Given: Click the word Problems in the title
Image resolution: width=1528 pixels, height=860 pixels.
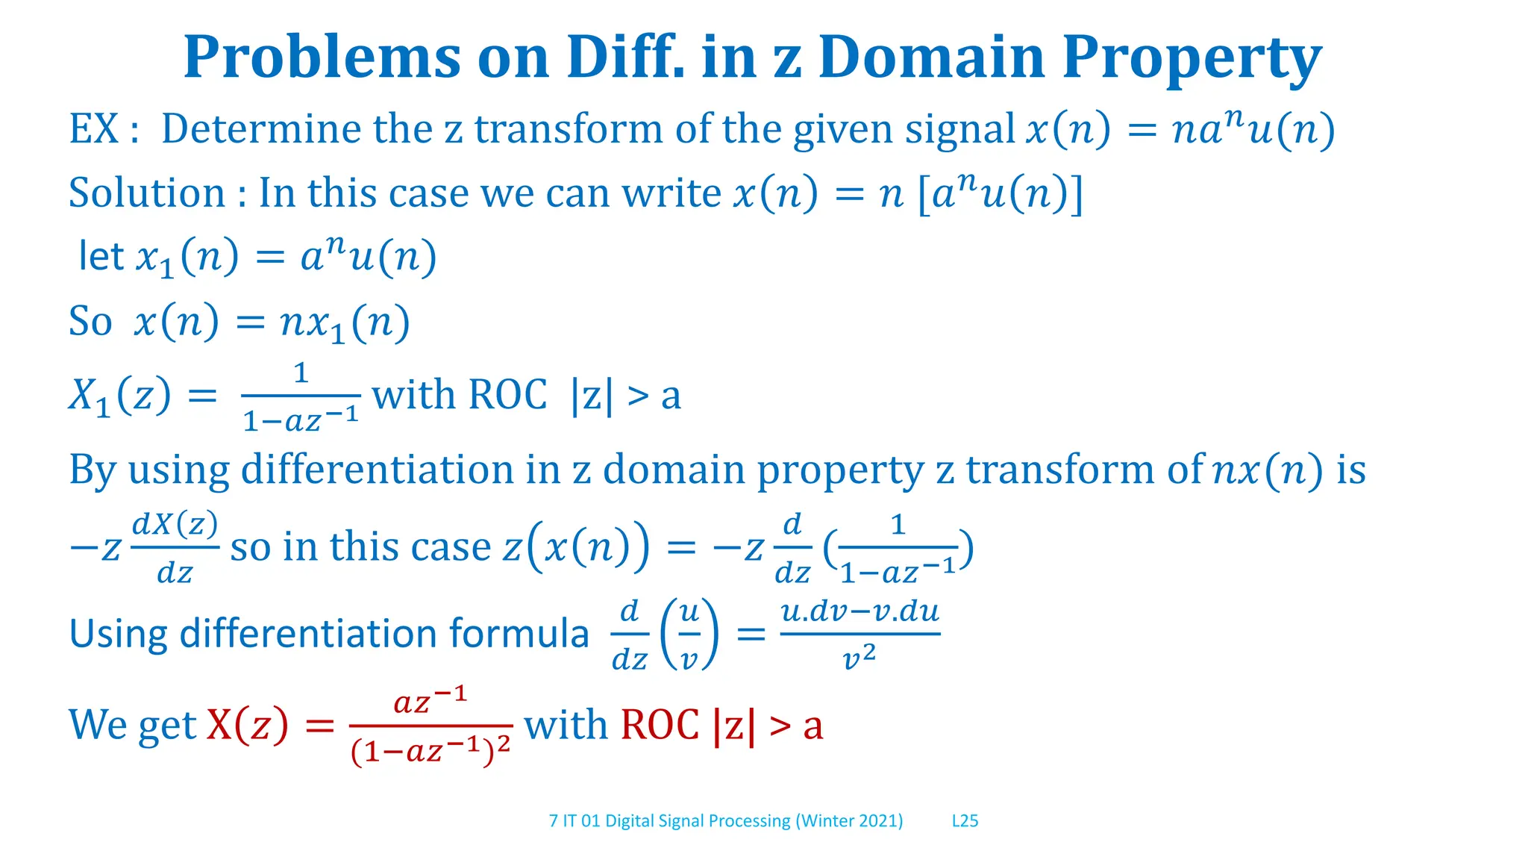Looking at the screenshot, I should [322, 58].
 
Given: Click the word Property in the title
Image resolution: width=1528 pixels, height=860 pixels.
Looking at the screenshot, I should [1192, 58].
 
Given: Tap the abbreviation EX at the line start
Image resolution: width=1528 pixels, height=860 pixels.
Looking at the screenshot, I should [94, 128].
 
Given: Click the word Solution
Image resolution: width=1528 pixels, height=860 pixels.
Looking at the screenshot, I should [146, 193].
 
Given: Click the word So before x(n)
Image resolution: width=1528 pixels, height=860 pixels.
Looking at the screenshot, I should [90, 322].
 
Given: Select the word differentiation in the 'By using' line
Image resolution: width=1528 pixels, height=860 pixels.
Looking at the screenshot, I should [377, 470].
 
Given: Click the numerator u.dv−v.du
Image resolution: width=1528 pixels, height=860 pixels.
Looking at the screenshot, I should [859, 612].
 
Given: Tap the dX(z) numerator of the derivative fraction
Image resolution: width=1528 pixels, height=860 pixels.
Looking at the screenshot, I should [175, 524].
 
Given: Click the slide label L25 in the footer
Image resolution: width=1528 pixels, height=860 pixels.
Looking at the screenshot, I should [965, 820].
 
